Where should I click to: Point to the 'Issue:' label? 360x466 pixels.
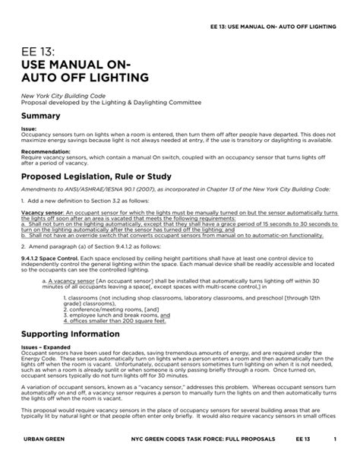(29, 130)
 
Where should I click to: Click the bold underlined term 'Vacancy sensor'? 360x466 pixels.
(41, 213)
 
